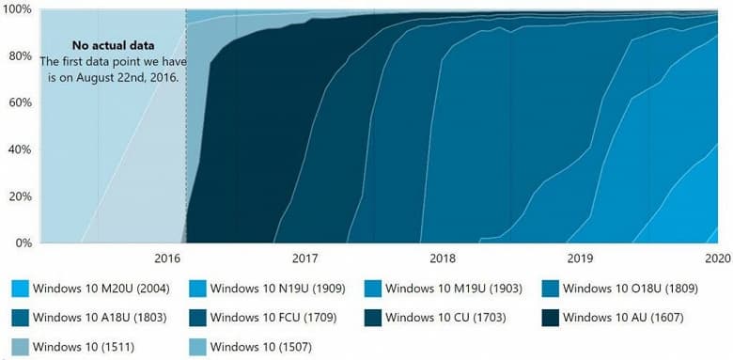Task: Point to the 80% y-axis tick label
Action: [21, 55]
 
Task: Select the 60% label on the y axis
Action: [21, 102]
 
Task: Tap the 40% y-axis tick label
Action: [21, 149]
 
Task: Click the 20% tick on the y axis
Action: [21, 196]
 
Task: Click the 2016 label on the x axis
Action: [166, 258]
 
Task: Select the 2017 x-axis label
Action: [304, 258]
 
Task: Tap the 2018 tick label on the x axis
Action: [442, 258]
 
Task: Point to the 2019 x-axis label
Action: [580, 258]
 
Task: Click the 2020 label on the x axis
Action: [717, 258]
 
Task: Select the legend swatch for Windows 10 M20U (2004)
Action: [20, 288]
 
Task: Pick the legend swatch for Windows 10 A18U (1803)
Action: [20, 318]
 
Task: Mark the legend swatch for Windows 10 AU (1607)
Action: [551, 318]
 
